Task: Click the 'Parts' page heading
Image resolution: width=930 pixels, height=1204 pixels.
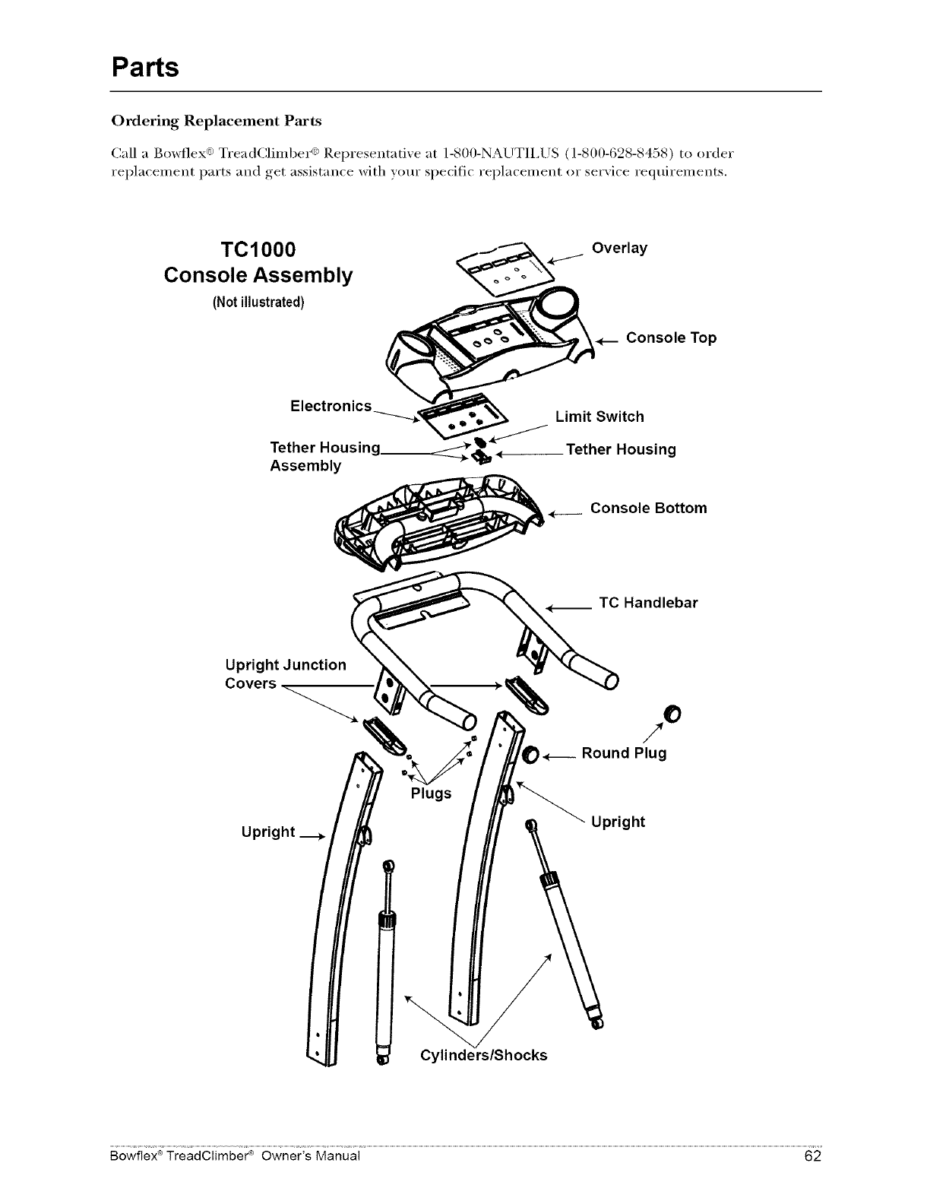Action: (x=145, y=67)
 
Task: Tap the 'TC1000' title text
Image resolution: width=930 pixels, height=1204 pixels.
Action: (x=258, y=250)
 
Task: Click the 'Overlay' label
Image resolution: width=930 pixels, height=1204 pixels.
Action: (x=619, y=249)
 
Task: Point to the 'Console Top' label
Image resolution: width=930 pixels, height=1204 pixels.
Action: (x=671, y=337)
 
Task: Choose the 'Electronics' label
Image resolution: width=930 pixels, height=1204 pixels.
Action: (x=331, y=406)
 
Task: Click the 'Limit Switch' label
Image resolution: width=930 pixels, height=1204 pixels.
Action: (x=599, y=417)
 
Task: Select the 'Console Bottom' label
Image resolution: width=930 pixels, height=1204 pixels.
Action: (x=648, y=508)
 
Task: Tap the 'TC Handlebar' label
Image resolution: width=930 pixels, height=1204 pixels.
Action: (x=648, y=603)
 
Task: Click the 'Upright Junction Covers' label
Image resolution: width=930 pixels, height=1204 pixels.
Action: (x=285, y=674)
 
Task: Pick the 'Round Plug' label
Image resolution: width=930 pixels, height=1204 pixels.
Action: (x=624, y=753)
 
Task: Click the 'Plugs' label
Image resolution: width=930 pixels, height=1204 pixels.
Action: (x=431, y=794)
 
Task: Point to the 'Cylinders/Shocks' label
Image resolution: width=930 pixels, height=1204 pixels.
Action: (x=483, y=1055)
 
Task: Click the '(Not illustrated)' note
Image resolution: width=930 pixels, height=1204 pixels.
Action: (x=258, y=303)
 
